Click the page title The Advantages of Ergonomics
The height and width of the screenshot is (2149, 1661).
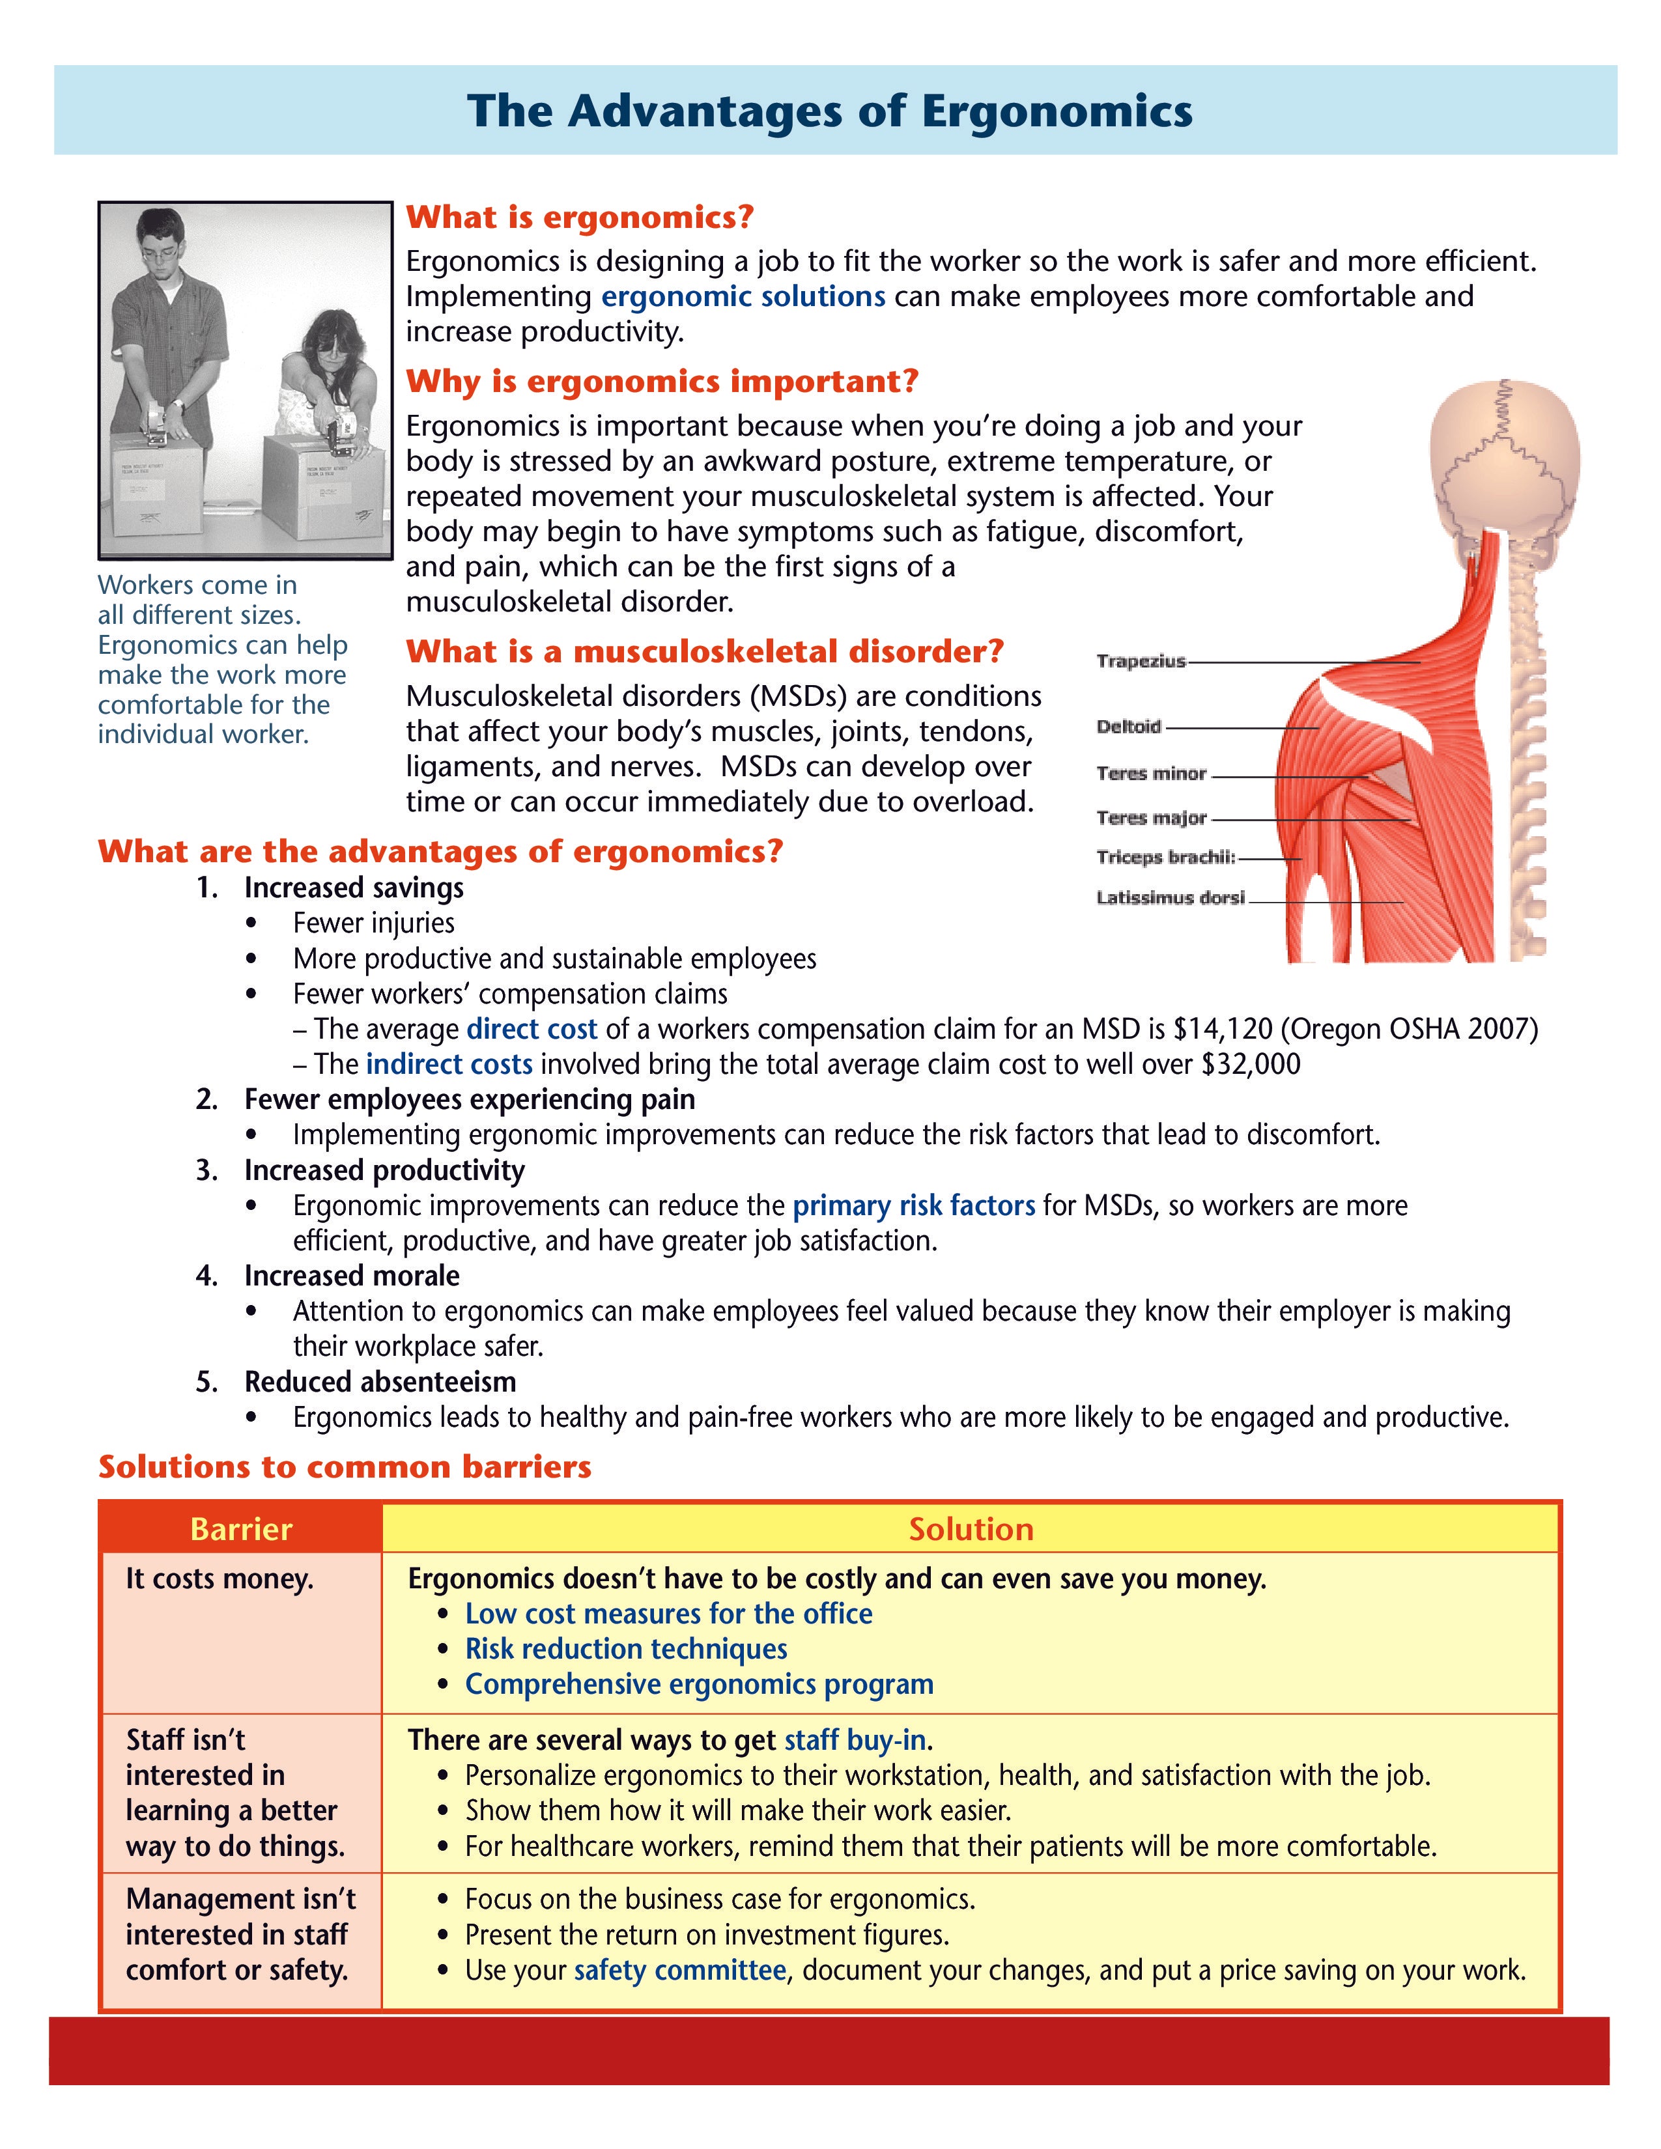point(829,111)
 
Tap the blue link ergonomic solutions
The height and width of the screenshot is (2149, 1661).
point(743,296)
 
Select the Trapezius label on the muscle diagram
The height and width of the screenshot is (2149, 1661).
point(1141,661)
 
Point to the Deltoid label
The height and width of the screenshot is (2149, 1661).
point(1129,727)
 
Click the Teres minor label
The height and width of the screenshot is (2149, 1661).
point(1151,774)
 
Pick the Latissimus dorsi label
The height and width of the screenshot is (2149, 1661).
point(1170,897)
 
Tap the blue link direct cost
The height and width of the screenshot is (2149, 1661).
point(532,1029)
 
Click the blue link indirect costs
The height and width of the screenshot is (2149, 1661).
point(449,1065)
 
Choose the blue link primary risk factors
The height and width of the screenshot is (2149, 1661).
point(913,1205)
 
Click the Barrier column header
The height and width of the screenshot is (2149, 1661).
point(241,1529)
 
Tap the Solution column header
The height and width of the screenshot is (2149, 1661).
point(971,1529)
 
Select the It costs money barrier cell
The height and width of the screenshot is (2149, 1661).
point(220,1579)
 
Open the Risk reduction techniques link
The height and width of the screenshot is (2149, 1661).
point(626,1649)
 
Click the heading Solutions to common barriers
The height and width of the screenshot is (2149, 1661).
point(345,1467)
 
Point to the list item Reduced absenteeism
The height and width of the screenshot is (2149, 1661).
point(380,1383)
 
